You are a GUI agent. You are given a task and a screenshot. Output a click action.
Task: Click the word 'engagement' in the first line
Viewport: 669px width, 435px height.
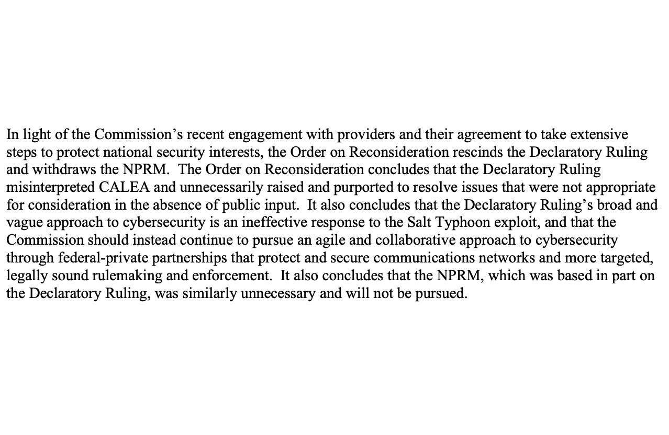click(x=265, y=135)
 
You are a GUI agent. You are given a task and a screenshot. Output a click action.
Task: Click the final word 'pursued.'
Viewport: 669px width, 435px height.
click(x=441, y=293)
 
